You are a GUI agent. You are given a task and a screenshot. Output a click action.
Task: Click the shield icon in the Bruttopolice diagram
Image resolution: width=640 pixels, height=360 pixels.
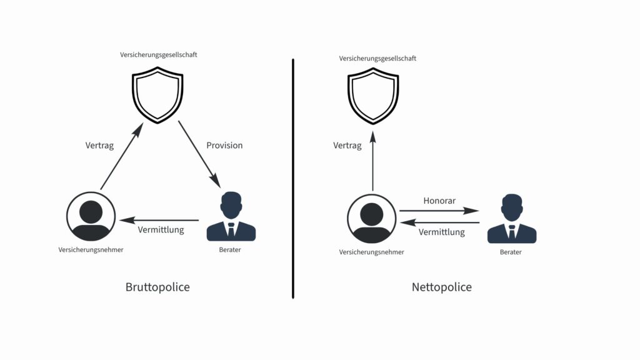click(x=157, y=95)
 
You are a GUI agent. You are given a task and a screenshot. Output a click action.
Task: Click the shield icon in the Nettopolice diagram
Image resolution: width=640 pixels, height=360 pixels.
click(x=373, y=96)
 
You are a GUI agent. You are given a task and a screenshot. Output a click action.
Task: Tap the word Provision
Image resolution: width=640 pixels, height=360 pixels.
click(x=224, y=145)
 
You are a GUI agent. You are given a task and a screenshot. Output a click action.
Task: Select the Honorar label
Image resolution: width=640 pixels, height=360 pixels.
click(x=439, y=201)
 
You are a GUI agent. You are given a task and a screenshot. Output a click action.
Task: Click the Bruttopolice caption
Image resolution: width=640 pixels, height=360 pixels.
click(x=157, y=287)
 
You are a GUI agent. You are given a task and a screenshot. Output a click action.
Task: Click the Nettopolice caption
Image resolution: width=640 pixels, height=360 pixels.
click(x=442, y=287)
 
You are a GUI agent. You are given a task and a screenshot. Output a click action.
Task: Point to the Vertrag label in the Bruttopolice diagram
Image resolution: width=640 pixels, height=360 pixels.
click(x=99, y=146)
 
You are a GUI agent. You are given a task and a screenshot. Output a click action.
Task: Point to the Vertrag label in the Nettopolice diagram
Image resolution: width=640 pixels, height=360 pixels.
click(x=347, y=146)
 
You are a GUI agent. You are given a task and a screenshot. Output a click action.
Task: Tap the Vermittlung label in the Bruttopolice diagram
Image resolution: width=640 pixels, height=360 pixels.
click(x=161, y=230)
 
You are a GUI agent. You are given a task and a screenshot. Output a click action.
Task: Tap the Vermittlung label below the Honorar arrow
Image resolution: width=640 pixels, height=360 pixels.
click(x=442, y=232)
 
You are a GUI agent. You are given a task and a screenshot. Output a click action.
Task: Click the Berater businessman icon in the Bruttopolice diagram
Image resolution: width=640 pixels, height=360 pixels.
click(x=231, y=216)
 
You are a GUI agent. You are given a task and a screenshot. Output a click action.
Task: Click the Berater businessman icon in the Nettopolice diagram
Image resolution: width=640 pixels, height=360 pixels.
click(x=512, y=219)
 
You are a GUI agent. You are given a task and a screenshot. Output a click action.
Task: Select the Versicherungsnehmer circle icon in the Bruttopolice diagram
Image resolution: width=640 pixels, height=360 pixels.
click(x=91, y=216)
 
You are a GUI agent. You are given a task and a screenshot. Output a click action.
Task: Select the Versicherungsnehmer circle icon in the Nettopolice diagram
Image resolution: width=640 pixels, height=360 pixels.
click(x=372, y=219)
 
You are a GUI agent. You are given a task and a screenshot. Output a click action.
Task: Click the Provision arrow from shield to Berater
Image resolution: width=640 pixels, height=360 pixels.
click(x=199, y=154)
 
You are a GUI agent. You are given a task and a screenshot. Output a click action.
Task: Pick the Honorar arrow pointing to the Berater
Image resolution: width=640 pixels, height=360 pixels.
click(x=439, y=211)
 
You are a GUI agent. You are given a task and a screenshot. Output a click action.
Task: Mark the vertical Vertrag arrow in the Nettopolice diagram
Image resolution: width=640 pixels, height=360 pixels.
click(x=372, y=161)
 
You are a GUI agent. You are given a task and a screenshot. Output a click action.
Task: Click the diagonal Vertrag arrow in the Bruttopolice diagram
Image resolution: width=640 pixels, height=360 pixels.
click(x=122, y=156)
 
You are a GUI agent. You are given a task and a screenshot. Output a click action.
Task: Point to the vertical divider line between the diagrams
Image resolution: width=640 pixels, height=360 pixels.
click(x=293, y=179)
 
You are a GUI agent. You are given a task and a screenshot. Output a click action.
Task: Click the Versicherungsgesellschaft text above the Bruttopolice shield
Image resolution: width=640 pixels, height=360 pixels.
click(x=158, y=55)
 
